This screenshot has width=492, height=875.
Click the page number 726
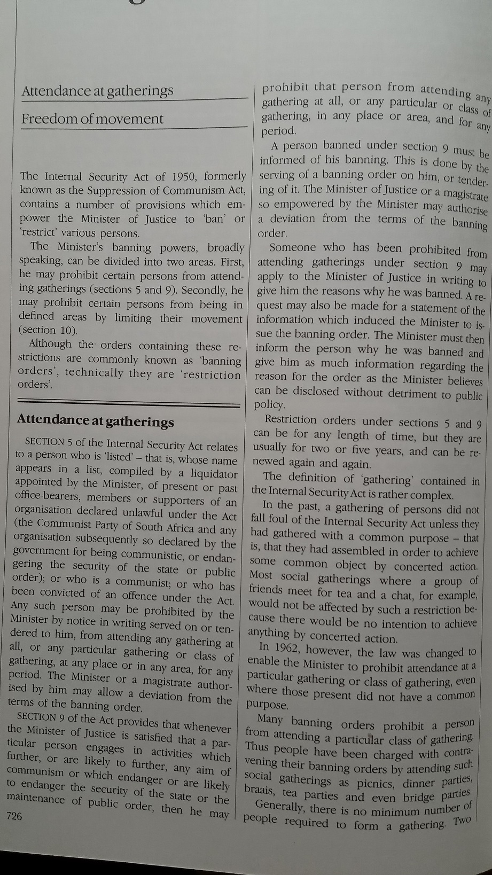coord(14,816)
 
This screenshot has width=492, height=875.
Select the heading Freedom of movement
coord(92,119)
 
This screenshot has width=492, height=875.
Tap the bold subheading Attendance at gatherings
coord(95,420)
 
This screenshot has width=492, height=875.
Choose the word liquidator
coord(214,474)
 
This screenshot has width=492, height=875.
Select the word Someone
coord(292,247)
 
